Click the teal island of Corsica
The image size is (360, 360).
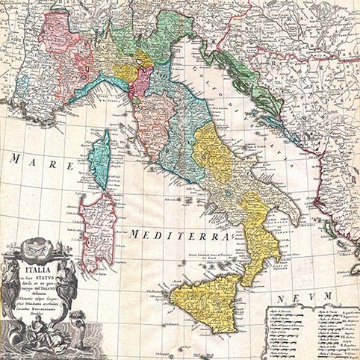point(98,160)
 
